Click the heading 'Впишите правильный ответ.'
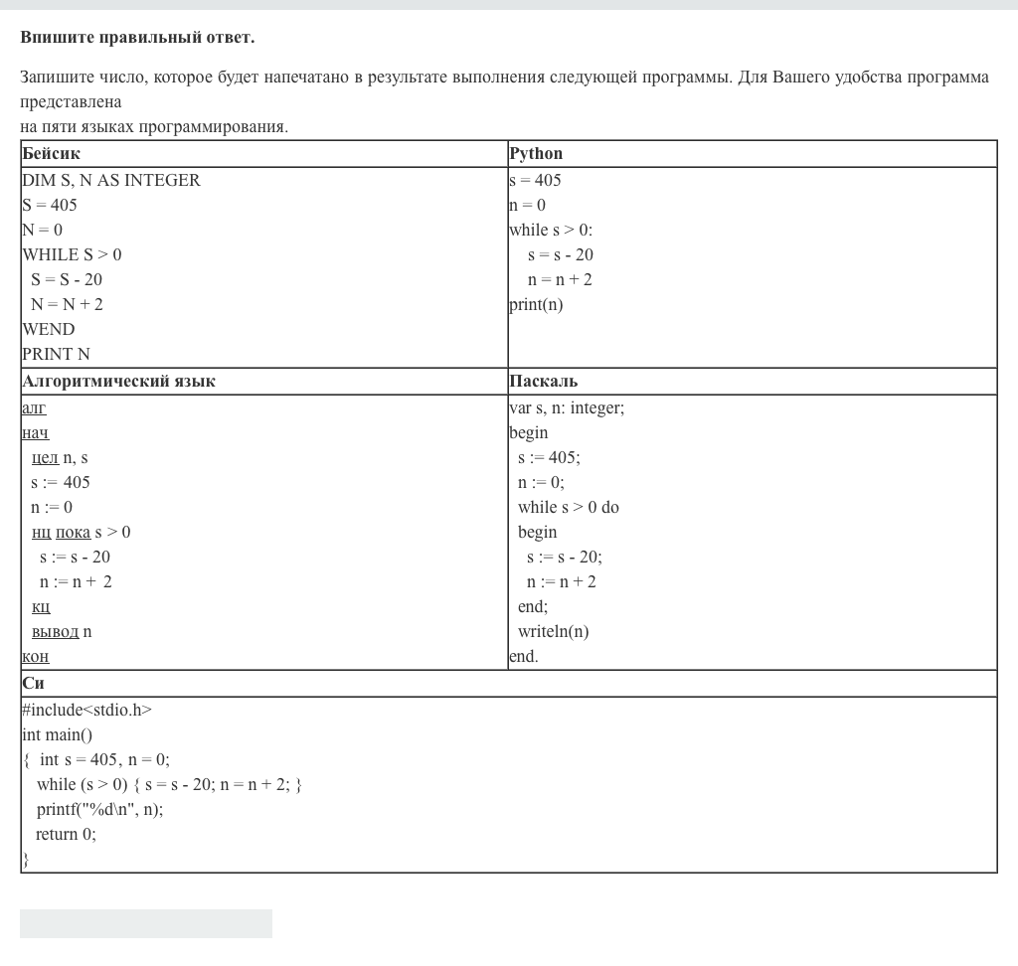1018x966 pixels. tap(137, 38)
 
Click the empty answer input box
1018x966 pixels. tap(146, 923)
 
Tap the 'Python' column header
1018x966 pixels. tap(536, 154)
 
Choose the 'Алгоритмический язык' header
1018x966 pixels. tap(118, 382)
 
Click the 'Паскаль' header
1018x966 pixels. tap(543, 382)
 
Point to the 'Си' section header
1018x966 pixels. tap(33, 684)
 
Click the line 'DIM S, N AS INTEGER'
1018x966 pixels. tap(111, 180)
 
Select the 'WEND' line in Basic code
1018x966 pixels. tap(49, 329)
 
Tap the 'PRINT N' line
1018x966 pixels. tap(57, 354)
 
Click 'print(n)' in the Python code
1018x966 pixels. tap(536, 305)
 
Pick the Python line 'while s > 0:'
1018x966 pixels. tap(551, 231)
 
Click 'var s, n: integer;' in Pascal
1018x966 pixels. tap(567, 407)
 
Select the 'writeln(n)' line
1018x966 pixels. tap(553, 631)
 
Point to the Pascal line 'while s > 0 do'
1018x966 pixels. tap(568, 507)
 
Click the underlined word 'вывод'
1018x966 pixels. tap(55, 632)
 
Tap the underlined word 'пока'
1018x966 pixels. tap(73, 533)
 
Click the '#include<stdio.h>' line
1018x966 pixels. tap(86, 710)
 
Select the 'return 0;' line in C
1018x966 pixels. tap(66, 834)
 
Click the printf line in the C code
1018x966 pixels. tap(99, 809)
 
